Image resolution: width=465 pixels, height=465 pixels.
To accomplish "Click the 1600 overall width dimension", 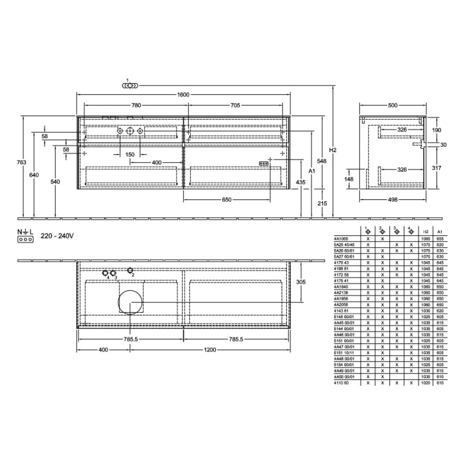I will click(x=183, y=94).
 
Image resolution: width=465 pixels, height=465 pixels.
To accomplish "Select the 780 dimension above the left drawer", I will click(x=136, y=105).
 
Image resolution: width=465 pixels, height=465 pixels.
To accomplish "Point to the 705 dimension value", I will click(x=235, y=105).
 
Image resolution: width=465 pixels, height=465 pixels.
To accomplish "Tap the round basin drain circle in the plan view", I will click(x=130, y=302).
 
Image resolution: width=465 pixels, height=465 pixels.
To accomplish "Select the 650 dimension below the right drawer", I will click(x=227, y=199).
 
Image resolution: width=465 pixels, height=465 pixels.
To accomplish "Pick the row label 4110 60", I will click(x=340, y=383).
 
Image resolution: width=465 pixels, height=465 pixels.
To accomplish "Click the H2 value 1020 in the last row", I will click(x=425, y=383).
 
